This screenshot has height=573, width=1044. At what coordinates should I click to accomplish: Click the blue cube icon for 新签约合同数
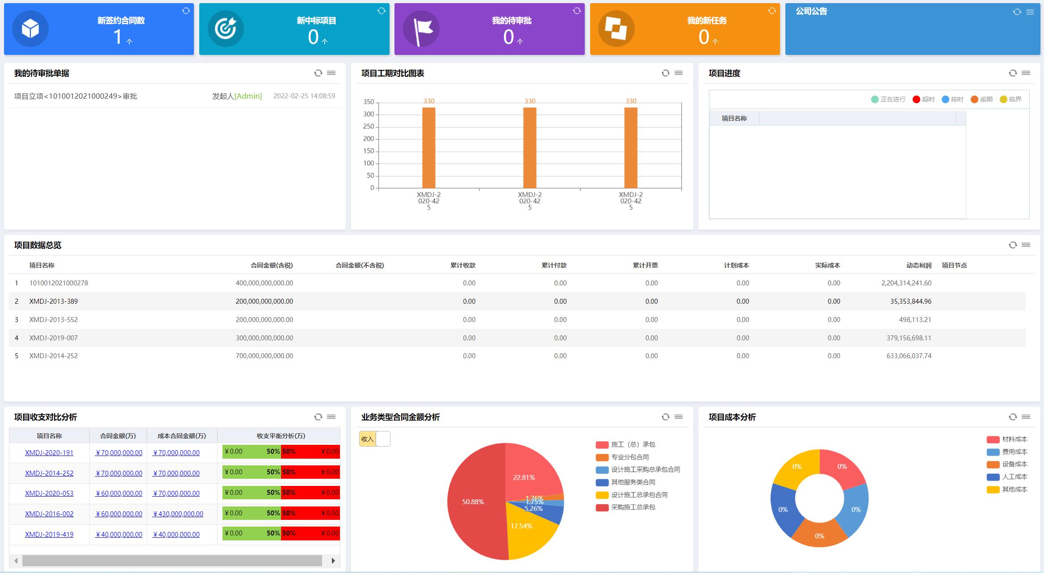pos(30,29)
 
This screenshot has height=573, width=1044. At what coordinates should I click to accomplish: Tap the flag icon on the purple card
pos(421,29)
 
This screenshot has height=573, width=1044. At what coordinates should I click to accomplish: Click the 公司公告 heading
pos(811,12)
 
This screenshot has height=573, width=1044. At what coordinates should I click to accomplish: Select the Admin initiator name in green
pos(248,96)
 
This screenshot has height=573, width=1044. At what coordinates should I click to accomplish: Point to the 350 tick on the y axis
pos(369,102)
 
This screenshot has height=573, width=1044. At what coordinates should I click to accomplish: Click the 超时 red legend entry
pos(923,99)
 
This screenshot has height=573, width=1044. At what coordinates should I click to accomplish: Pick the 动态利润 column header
pos(918,265)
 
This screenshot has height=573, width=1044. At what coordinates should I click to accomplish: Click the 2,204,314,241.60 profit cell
pos(906,283)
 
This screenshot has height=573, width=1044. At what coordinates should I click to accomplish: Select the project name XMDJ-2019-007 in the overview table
pos(54,338)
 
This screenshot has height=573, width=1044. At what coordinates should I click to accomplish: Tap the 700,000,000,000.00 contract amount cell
pos(264,356)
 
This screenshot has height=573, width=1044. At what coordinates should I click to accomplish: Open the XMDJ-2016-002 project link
pos(49,514)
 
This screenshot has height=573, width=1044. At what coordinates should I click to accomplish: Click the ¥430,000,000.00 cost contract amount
pos(178,514)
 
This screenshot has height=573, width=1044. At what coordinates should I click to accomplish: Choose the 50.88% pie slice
pos(473,502)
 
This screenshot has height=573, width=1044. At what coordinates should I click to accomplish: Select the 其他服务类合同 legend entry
pos(633,482)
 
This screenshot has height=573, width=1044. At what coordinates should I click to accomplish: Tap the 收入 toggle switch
pos(374,439)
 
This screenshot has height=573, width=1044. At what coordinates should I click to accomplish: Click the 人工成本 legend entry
pos(1014,477)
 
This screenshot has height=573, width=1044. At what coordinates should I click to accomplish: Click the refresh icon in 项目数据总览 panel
pos(1013,245)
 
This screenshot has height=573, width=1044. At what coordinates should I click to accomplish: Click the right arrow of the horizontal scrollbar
pos(333,560)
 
